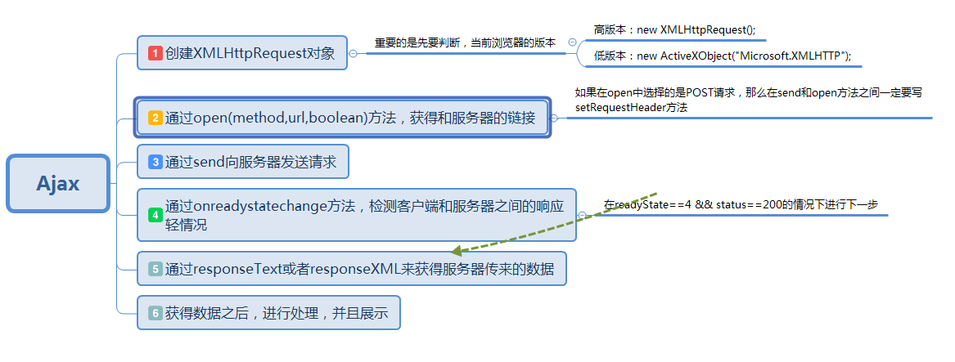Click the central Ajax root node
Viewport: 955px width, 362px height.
click(58, 183)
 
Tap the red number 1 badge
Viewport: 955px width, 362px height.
click(155, 53)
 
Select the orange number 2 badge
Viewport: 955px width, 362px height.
click(155, 118)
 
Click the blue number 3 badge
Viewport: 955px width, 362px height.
click(155, 162)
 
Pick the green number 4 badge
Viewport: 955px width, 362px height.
click(155, 215)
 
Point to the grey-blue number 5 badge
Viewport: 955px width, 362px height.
click(155, 269)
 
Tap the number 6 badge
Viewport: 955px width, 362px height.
click(155, 312)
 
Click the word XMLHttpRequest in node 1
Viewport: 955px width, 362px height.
click(250, 53)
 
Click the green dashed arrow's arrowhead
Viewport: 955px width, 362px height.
click(455, 252)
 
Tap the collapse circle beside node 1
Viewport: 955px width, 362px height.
click(354, 53)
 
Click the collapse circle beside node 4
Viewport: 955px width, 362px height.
click(582, 215)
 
